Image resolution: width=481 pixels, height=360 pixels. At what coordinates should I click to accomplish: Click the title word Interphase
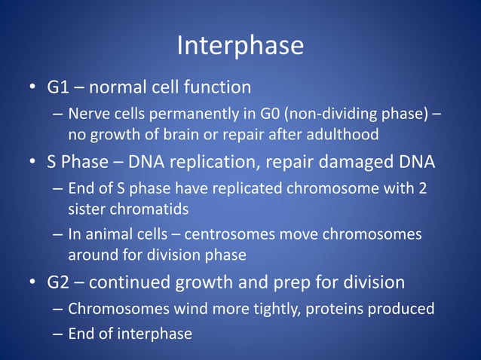coord(240,47)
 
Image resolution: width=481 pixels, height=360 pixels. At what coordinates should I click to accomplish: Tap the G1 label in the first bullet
coord(59,87)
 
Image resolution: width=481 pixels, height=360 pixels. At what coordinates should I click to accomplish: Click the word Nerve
coord(87,114)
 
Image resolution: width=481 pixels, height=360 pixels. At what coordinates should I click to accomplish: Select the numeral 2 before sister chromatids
coord(423,188)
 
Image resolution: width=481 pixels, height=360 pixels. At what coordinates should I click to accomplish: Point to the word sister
coord(87,209)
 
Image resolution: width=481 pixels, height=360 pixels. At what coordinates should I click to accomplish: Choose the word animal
coord(109,234)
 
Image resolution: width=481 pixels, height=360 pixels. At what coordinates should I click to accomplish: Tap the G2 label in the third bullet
coord(59,282)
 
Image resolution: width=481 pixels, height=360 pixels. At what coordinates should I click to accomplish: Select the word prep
coord(294,282)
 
